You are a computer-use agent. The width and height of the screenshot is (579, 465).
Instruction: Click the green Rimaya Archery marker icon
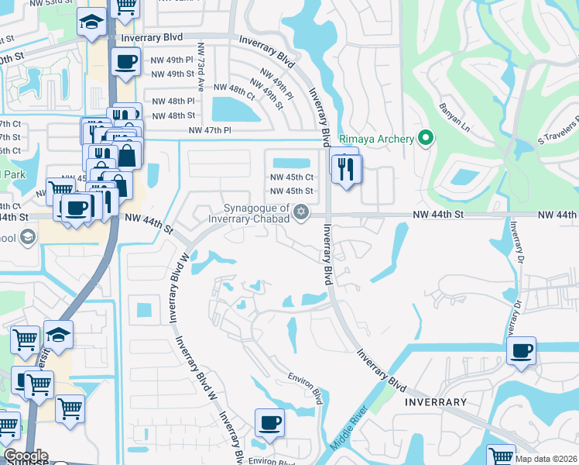[425, 139]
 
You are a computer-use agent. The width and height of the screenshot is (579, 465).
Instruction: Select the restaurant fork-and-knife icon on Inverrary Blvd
[346, 168]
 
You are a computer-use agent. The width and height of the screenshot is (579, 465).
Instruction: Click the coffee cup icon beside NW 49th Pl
[125, 62]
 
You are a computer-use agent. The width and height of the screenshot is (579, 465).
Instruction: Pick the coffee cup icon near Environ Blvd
[269, 422]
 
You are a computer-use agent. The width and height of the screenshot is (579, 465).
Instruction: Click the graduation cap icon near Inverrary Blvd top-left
[92, 22]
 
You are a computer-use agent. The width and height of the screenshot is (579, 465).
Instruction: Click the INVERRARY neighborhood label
[436, 402]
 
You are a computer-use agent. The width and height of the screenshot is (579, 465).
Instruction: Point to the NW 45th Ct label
[291, 177]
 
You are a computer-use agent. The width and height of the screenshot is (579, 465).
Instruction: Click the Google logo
[26, 456]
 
